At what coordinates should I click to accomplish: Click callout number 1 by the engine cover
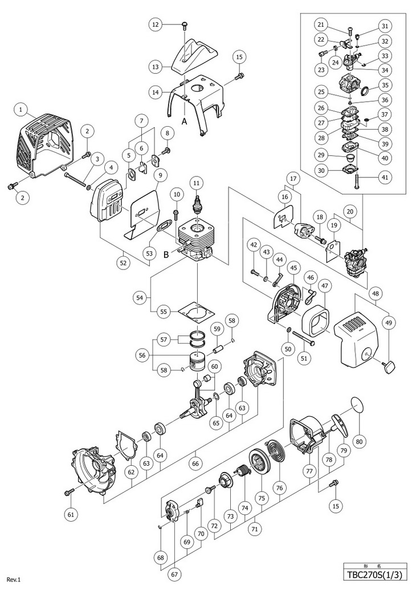21,107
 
